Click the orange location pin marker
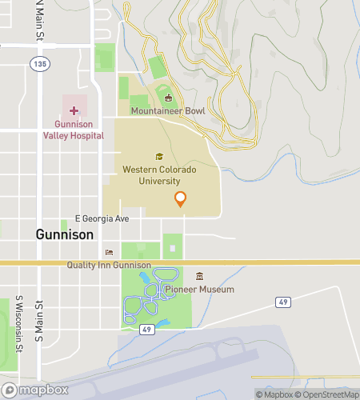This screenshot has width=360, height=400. point(180,199)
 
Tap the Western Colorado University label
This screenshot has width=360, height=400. point(158,175)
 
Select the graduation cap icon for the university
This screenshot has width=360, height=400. point(158,157)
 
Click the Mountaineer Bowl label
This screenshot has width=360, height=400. point(168,110)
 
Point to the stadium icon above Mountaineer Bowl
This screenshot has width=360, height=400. point(168,98)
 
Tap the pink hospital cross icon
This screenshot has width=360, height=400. point(74,110)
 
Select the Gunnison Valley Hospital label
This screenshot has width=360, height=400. point(79,130)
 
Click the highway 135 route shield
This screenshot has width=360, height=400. point(38,62)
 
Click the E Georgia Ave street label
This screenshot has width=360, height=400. point(102,218)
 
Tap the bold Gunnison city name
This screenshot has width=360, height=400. point(65,235)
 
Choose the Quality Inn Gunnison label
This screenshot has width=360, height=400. point(109,266)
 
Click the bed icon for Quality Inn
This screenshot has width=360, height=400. point(109,253)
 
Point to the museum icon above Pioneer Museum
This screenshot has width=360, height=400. point(199,277)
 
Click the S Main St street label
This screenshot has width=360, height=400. point(38,320)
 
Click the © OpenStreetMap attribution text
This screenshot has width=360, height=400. point(327,394)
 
